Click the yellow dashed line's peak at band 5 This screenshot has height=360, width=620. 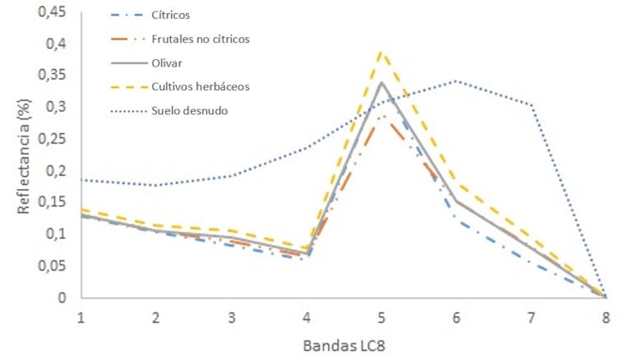coord(381,52)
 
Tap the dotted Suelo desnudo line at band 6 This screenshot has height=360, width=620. coord(456,81)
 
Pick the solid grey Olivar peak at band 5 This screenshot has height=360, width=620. coord(381,82)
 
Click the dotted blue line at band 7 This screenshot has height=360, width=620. coord(531,104)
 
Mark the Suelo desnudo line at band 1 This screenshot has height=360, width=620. coord(81,179)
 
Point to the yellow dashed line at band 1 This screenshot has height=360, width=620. coord(81,210)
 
